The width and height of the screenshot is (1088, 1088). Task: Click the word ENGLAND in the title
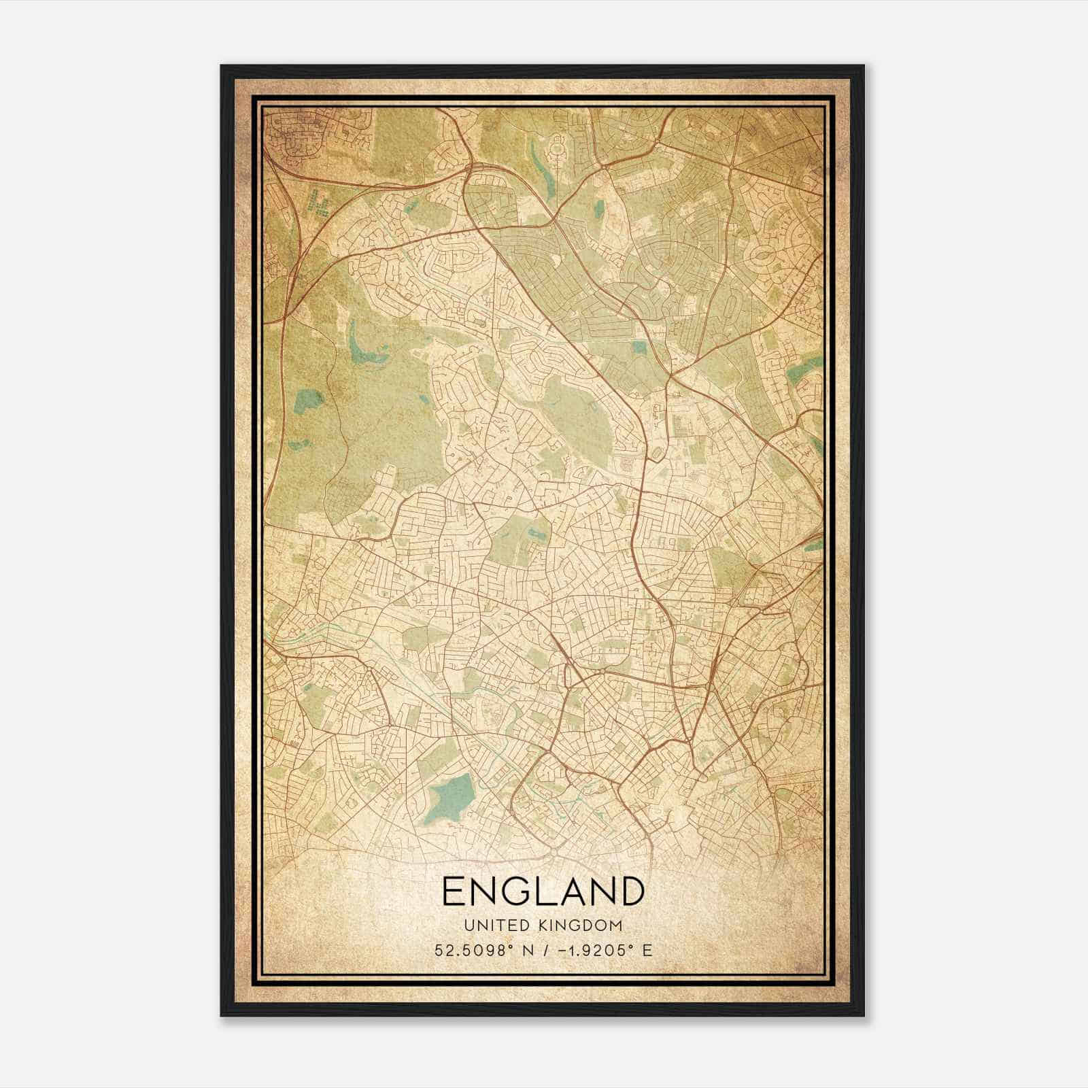click(543, 891)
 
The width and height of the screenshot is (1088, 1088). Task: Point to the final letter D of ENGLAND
click(631, 891)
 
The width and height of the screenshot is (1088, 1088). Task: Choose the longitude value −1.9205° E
click(605, 950)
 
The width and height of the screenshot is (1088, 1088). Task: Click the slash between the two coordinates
click(543, 950)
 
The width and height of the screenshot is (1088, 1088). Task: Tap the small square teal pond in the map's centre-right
click(639, 347)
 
